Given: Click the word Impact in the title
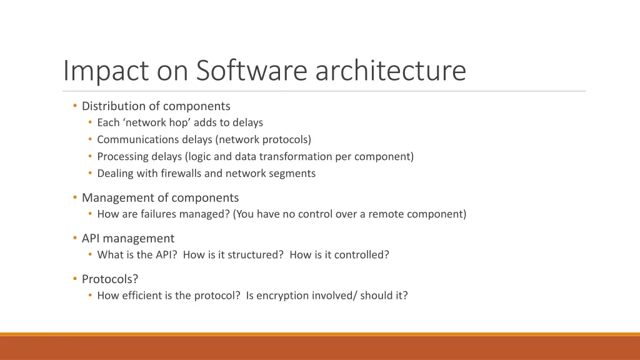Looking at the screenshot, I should pyautogui.click(x=105, y=71).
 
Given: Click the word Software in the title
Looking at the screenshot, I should pyautogui.click(x=252, y=71).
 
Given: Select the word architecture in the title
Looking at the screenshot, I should pyautogui.click(x=391, y=71).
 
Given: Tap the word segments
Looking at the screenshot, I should pyautogui.click(x=293, y=173).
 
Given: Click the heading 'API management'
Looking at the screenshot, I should pyautogui.click(x=128, y=239).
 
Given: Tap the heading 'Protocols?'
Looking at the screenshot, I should pyautogui.click(x=110, y=279).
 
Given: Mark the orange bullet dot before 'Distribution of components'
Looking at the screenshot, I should pyautogui.click(x=75, y=106).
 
